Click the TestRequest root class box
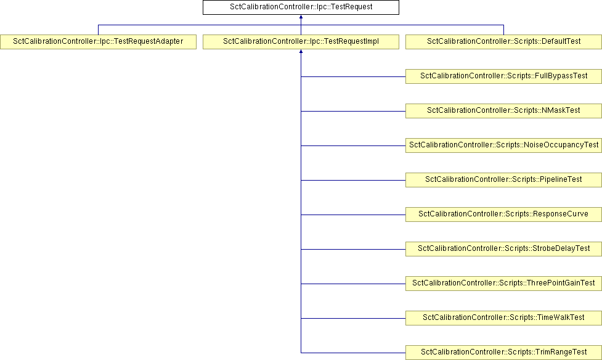(301, 7)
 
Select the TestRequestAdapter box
(99, 42)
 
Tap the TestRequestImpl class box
(301, 42)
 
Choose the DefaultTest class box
(503, 42)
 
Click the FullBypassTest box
(503, 76)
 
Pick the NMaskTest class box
(503, 111)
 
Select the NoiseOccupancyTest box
(503, 145)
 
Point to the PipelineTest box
(503, 180)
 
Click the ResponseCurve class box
(503, 215)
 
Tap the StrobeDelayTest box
(503, 249)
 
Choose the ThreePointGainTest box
(503, 284)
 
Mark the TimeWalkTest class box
(503, 319)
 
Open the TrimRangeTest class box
(503, 353)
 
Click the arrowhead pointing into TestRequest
(301, 17)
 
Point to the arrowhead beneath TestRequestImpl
(301, 52)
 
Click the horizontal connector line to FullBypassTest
(353, 77)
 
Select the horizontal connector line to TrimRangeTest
(353, 353)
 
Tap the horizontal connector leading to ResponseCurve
(353, 215)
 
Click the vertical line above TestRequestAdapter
(99, 30)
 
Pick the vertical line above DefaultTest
(503, 30)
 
